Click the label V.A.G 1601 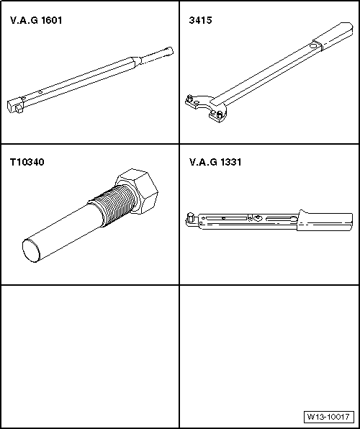pos(36,20)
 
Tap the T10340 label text pos(27,162)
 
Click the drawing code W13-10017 pos(328,417)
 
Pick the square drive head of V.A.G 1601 pos(18,104)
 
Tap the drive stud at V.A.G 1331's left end pos(189,217)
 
